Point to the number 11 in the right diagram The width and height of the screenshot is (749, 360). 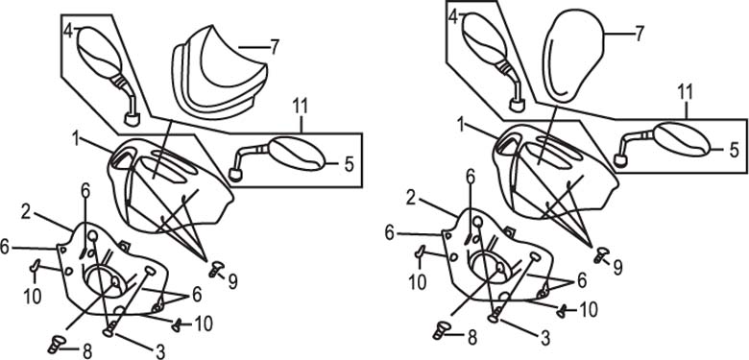686,94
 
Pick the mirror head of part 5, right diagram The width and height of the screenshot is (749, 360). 682,139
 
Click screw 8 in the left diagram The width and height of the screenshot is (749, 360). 56,344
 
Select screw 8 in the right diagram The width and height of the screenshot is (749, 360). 442,330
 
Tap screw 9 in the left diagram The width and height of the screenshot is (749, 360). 216,269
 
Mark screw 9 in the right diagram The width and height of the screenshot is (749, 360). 601,254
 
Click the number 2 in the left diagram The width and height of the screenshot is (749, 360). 27,212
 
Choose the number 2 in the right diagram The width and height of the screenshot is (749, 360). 411,198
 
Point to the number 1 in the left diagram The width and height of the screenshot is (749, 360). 76,139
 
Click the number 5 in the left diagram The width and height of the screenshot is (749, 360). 350,165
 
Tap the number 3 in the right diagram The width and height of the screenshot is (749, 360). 544,338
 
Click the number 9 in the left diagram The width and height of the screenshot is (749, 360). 232,281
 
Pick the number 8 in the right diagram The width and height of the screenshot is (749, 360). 471,337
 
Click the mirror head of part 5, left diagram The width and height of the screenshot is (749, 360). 297,154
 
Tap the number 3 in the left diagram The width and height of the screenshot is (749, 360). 160,352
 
